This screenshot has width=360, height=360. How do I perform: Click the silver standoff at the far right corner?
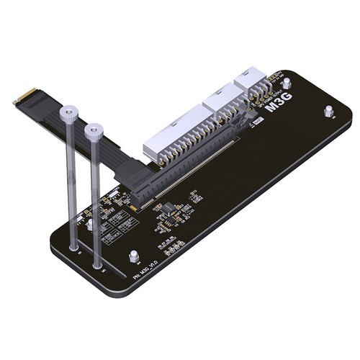point(328,112)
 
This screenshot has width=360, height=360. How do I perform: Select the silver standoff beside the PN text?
point(134,256)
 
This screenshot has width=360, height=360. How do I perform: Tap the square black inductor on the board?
point(166,209)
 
